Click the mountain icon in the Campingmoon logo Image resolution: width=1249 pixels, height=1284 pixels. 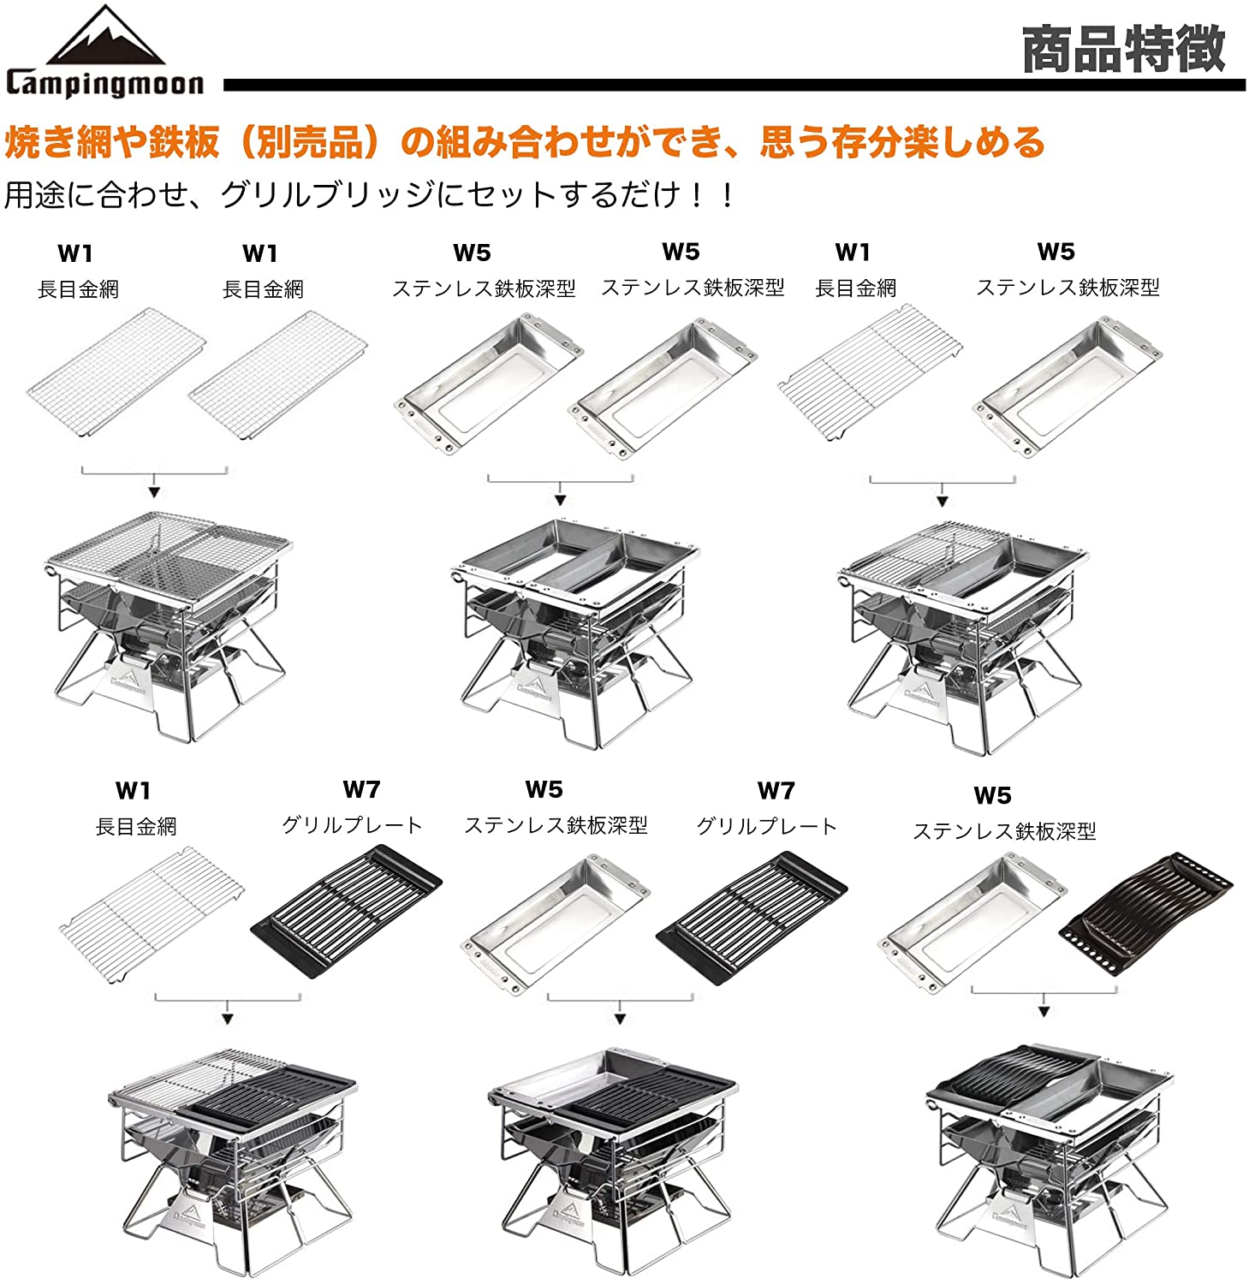[x=105, y=35]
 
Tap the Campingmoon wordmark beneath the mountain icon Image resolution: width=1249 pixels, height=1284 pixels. [x=105, y=83]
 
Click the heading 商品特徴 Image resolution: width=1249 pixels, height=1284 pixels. [x=1124, y=49]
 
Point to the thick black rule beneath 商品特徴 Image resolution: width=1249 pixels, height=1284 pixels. [x=734, y=85]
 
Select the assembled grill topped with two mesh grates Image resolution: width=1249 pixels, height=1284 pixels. [x=168, y=627]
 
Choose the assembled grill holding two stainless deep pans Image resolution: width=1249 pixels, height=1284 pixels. [x=574, y=632]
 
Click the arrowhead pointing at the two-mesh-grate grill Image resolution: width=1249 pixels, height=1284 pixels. [x=154, y=491]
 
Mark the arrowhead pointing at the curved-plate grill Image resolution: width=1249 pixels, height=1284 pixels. [x=1044, y=1011]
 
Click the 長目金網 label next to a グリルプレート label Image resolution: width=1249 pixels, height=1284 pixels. [x=136, y=826]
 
